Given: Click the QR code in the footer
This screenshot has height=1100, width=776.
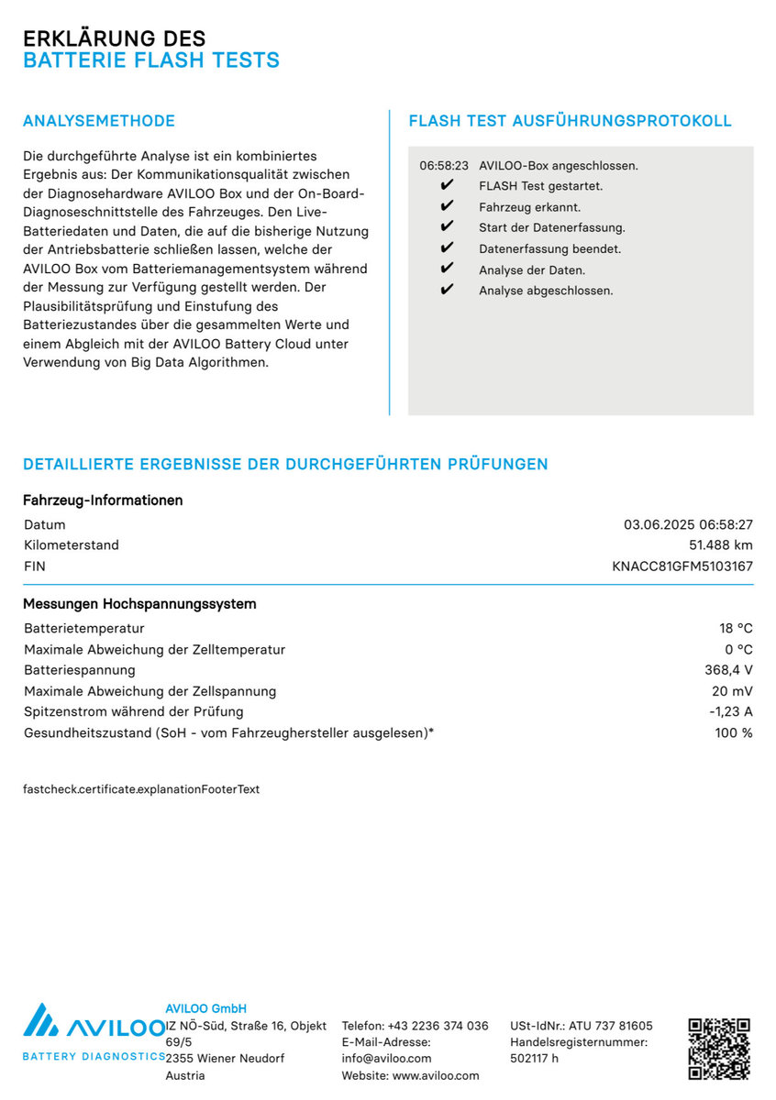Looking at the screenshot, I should pyautogui.click(x=719, y=1048).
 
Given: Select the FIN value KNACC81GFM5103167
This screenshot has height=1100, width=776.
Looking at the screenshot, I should pyautogui.click(x=682, y=566).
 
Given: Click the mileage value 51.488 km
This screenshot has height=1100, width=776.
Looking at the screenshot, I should pyautogui.click(x=720, y=545).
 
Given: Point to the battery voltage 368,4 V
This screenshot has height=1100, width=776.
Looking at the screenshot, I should pyautogui.click(x=722, y=670).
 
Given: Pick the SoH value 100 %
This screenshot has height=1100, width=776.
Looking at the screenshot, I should pyautogui.click(x=734, y=733).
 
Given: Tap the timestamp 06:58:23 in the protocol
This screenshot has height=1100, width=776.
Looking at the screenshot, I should pyautogui.click(x=444, y=166).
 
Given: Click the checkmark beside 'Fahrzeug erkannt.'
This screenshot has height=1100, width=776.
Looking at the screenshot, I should pyautogui.click(x=447, y=207).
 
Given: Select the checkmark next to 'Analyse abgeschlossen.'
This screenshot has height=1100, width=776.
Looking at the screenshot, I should pyautogui.click(x=447, y=291).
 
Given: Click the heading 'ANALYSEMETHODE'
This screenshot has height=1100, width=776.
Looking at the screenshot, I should pyautogui.click(x=99, y=121).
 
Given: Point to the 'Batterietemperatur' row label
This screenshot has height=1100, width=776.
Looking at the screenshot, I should pyautogui.click(x=84, y=629).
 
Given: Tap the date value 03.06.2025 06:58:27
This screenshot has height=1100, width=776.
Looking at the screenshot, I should pyautogui.click(x=688, y=525).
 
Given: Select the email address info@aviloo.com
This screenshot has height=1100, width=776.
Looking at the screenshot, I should pyautogui.click(x=387, y=1059).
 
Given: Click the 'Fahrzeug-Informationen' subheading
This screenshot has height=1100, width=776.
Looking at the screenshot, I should pyautogui.click(x=103, y=500).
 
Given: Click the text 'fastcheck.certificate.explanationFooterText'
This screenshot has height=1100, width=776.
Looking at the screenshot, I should pyautogui.click(x=141, y=789).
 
